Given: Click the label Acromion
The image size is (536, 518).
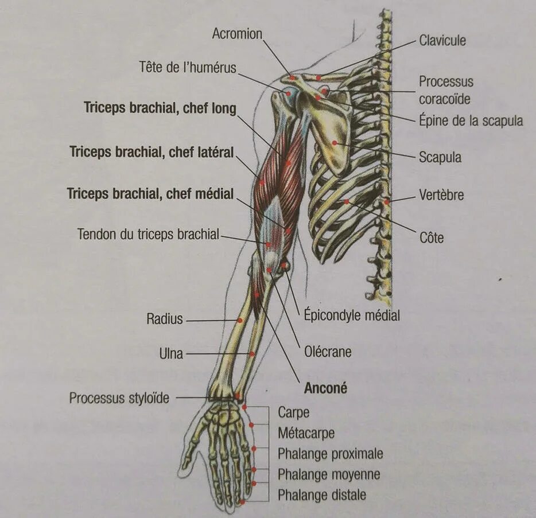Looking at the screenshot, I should (236, 34).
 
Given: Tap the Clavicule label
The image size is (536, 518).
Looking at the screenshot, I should (442, 41).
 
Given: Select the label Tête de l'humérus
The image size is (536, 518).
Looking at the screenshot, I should (187, 67).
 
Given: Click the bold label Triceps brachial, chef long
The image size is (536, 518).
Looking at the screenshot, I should (160, 108).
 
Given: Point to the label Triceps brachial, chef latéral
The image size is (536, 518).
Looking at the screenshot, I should (152, 152).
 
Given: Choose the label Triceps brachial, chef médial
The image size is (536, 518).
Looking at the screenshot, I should (150, 194).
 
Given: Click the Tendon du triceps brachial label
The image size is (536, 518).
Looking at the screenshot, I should (148, 234).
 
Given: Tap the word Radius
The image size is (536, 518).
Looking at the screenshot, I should (164, 318).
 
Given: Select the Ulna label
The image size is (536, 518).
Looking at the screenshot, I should (171, 353).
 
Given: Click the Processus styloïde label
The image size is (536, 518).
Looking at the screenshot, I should (119, 398).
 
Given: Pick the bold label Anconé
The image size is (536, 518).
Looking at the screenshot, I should (325, 388).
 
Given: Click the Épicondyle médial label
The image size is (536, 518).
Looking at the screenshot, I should (351, 315).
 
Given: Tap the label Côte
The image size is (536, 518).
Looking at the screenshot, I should (431, 237).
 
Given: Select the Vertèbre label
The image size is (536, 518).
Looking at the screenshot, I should (441, 195).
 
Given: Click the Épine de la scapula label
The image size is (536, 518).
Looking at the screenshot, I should (471, 121).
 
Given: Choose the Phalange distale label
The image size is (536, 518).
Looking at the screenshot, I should (321, 494).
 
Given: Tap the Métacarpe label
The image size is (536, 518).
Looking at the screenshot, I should (306, 433).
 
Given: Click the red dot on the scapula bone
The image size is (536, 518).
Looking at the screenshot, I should (334, 142).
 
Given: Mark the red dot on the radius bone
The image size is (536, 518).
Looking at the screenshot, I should (239, 320).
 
